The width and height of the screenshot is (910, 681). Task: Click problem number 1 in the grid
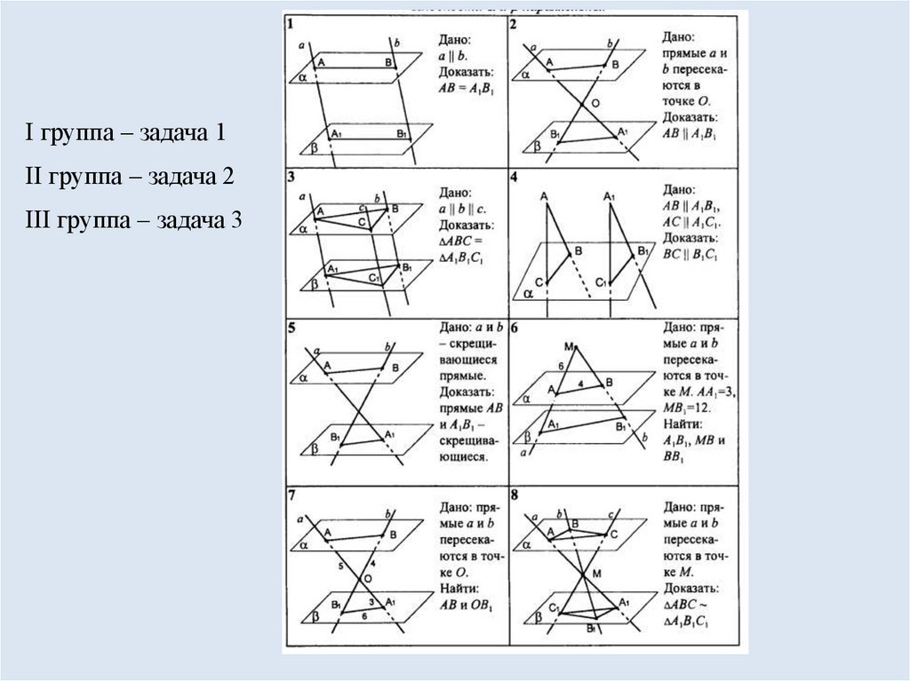[x=291, y=24]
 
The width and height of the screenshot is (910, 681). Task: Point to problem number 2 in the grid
[x=515, y=24]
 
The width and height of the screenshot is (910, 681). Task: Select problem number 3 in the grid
[x=291, y=176]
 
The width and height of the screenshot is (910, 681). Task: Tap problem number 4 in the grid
[x=515, y=176]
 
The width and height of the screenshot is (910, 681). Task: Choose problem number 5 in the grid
[x=291, y=329]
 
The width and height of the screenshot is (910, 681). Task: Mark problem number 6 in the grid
[x=515, y=329]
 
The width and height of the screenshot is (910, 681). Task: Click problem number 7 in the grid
[x=291, y=493]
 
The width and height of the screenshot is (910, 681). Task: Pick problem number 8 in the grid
[x=515, y=493]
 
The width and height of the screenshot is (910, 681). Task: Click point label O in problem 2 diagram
[x=596, y=104]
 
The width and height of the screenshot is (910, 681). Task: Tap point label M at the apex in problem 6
[x=568, y=345]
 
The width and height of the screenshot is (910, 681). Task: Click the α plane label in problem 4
[x=528, y=290]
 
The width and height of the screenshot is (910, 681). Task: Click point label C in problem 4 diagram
[x=539, y=281]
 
